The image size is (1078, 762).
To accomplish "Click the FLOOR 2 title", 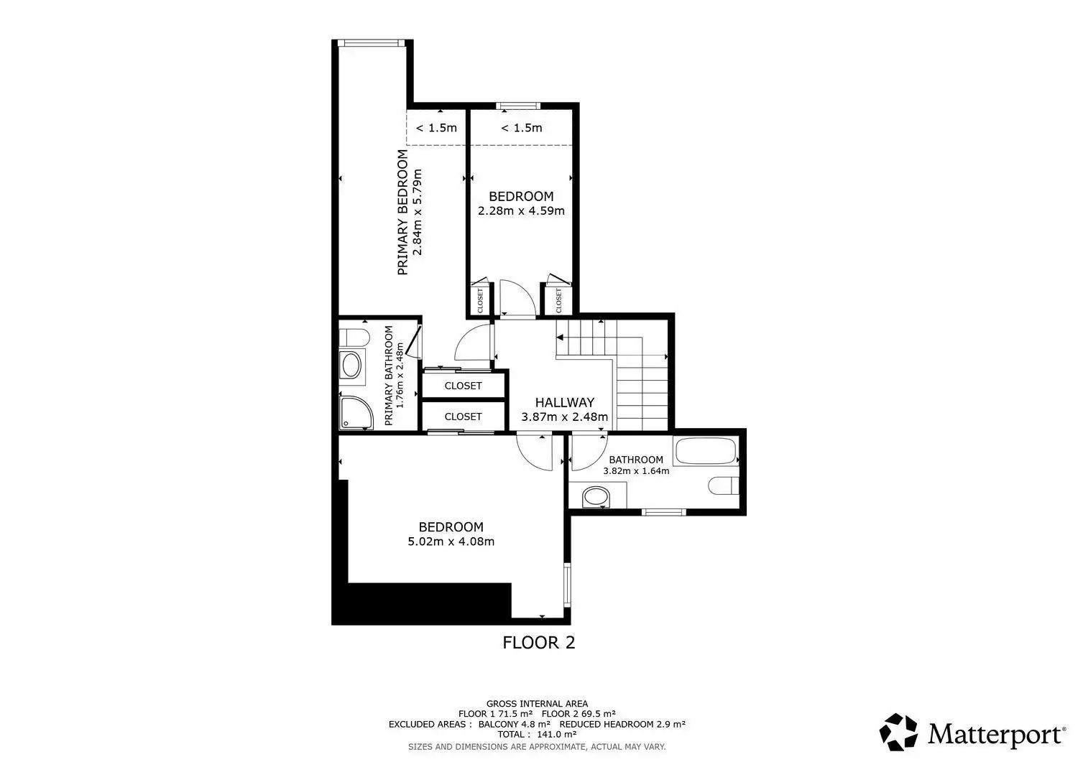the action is click(x=538, y=643).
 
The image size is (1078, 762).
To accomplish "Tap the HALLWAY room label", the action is click(x=564, y=402).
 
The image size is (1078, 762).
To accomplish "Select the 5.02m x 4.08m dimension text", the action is click(x=451, y=542).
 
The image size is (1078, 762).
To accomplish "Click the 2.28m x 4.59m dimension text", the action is click(x=521, y=210).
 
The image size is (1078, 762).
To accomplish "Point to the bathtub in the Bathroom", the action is click(x=706, y=451).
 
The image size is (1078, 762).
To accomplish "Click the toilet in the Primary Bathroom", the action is click(x=354, y=338).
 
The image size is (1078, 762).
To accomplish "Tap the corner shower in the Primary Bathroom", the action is click(x=356, y=413).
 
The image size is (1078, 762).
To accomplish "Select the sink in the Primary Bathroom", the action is click(x=351, y=365).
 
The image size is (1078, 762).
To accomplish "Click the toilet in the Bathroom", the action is click(x=723, y=486).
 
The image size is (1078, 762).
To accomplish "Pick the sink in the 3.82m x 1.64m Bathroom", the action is click(x=596, y=497).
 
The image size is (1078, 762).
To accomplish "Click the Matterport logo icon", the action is click(x=898, y=732).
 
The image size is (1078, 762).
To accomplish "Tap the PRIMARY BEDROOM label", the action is click(x=402, y=212).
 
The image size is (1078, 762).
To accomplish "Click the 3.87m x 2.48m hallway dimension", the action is click(x=564, y=417).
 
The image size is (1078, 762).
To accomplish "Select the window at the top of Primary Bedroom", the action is click(x=371, y=43).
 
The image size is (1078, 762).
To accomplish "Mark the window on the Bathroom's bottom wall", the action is click(x=663, y=512).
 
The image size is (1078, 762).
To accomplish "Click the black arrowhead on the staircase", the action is click(x=560, y=338).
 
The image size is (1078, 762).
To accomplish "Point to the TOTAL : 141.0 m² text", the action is click(x=537, y=734).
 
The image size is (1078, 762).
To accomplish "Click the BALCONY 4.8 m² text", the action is click(x=514, y=724).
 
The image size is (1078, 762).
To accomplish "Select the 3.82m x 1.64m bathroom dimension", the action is click(x=636, y=471).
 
